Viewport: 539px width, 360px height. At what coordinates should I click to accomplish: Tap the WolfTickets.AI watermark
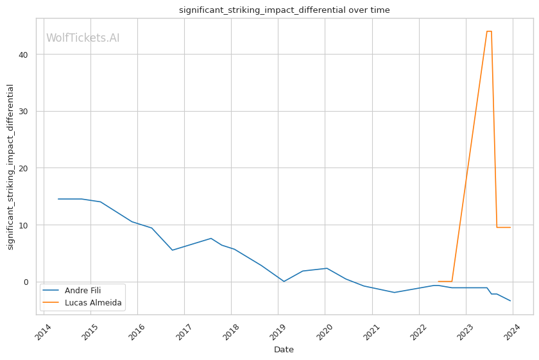83,39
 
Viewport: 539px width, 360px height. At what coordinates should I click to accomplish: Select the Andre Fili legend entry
83,291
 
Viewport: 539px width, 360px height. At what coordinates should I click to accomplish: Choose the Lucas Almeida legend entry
93,303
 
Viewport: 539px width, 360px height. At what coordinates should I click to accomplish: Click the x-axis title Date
284,350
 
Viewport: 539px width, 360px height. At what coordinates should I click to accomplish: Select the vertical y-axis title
10,167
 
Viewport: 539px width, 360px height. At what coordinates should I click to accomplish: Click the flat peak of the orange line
489,31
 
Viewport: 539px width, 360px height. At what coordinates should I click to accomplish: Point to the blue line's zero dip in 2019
284,281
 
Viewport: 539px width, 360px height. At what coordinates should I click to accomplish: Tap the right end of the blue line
510,301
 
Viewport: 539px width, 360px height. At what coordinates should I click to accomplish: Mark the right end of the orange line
510,227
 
